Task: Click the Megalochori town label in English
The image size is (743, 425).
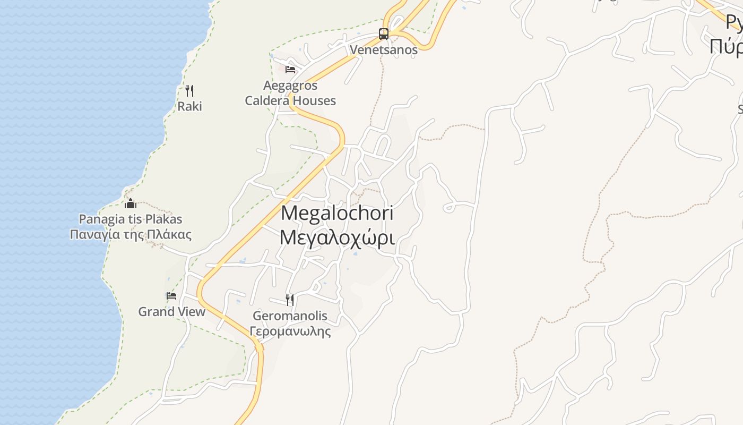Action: [337, 214]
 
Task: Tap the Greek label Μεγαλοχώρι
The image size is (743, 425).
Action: [337, 238]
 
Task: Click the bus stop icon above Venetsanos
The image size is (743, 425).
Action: [384, 34]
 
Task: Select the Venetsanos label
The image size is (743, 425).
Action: [384, 50]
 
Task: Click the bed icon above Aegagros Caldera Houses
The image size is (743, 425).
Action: [290, 70]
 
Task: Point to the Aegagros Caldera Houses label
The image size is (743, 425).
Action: [290, 93]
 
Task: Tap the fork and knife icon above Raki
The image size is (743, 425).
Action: [189, 91]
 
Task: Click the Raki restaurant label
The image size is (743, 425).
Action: [189, 106]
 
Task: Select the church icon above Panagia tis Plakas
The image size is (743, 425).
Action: [130, 203]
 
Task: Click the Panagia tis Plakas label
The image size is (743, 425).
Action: [131, 219]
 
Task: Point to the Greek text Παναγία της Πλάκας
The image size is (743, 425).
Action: [131, 234]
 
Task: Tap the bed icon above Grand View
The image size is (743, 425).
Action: [171, 296]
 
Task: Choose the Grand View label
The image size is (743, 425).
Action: [171, 312]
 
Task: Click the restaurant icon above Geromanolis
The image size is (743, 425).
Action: [290, 300]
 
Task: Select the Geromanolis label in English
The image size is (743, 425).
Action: [290, 316]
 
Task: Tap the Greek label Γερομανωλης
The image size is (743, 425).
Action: [290, 332]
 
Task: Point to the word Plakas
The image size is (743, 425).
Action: [163, 219]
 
